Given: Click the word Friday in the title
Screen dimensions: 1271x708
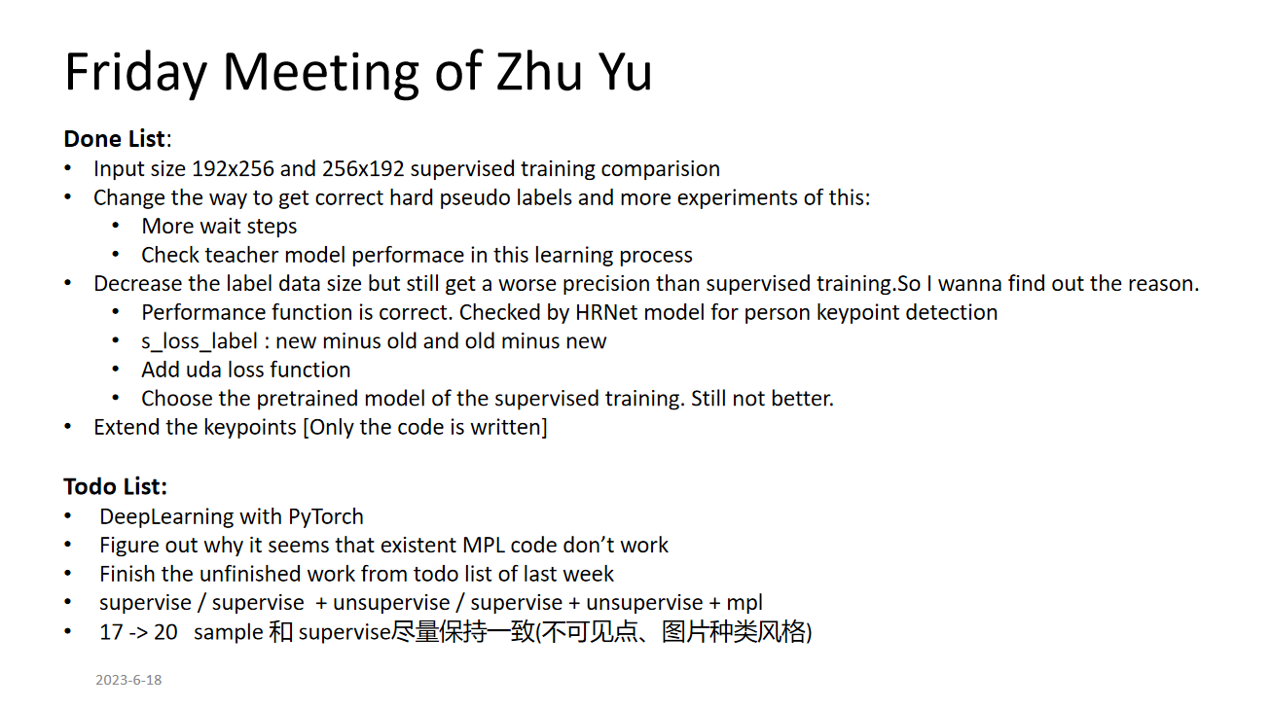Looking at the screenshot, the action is pos(135,73).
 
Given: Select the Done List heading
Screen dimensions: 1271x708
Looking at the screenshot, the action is pos(117,139).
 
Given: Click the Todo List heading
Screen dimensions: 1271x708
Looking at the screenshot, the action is pos(115,486).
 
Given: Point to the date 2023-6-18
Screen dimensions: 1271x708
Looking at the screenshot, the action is pos(128,680).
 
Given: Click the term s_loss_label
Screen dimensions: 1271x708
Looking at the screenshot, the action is pos(200,341).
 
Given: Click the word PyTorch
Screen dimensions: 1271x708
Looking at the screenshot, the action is pos(326,517).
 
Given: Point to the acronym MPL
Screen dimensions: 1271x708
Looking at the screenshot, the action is pos(484,546).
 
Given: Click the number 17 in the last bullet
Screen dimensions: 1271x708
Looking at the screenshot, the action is pos(111,632).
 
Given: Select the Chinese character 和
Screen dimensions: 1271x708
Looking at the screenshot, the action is pos(280,632).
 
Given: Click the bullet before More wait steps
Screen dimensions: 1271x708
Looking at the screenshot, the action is pos(116,227).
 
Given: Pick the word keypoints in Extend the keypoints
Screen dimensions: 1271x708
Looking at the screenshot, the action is pos(250,428).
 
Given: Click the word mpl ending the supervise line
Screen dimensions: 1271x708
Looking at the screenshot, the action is pos(744,603).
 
